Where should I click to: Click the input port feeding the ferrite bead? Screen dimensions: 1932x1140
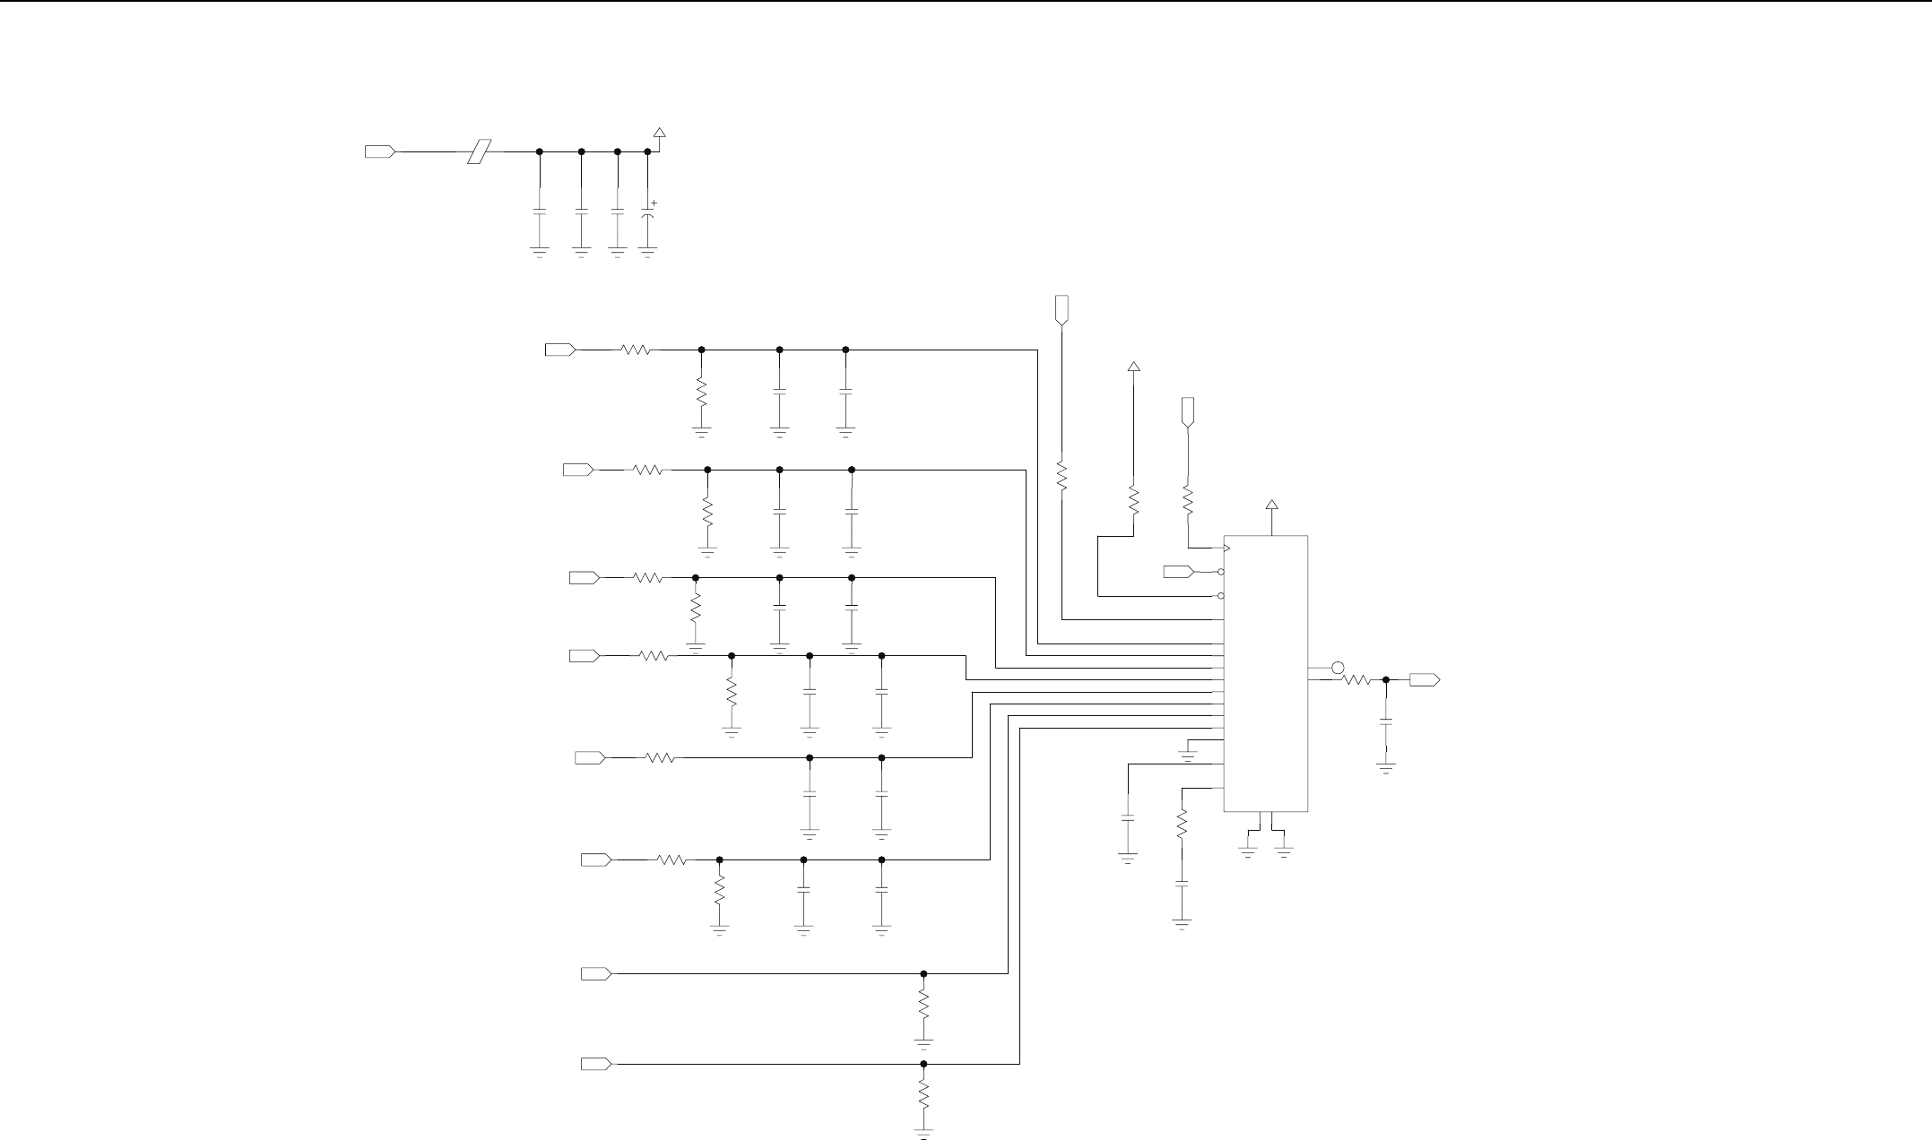381,151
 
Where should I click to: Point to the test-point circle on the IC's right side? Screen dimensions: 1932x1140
1338,668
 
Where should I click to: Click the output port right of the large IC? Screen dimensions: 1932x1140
1425,680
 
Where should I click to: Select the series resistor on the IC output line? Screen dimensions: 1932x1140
1356,680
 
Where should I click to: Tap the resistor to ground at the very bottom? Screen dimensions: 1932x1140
923,1093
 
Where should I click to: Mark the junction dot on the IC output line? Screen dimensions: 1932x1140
1386,680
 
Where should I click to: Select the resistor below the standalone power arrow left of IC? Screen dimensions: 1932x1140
1133,499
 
